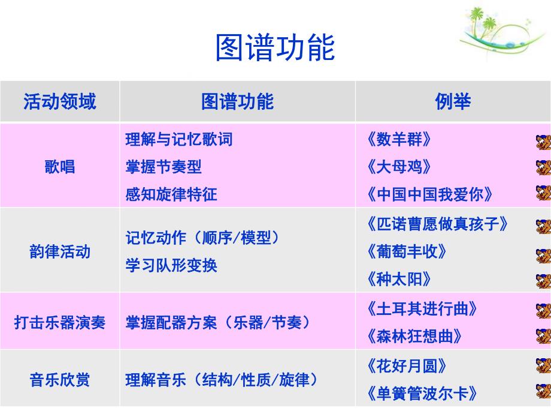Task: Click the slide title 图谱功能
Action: tap(275, 48)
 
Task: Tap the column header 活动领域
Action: tap(59, 101)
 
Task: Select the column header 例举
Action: tap(453, 101)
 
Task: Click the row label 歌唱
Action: tap(59, 166)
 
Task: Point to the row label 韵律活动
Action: tap(59, 251)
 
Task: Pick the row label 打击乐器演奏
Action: tap(59, 322)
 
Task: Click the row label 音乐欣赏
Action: tap(59, 379)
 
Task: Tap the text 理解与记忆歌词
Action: tap(178, 139)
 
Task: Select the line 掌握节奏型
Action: tap(163, 166)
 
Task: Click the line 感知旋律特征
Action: tap(171, 194)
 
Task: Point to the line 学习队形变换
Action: tap(171, 265)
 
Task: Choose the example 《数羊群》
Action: tap(398, 139)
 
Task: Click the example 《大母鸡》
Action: tap(398, 166)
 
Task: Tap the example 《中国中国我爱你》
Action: tap(429, 194)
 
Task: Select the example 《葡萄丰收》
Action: tap(406, 251)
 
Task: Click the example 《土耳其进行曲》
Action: tap(422, 308)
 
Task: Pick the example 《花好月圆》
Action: tap(406, 365)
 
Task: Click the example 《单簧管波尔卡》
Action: tap(422, 394)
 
